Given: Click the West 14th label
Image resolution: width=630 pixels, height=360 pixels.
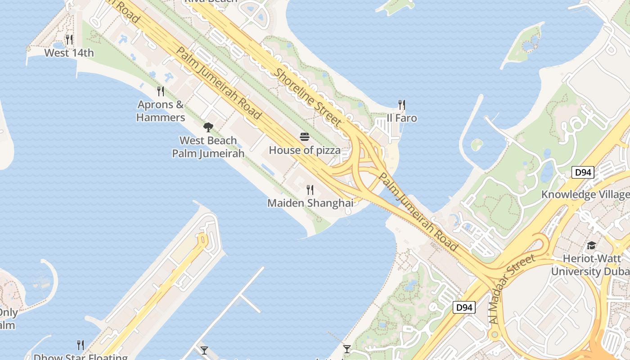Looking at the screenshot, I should point(69,53).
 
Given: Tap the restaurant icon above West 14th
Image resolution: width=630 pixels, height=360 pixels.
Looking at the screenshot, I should point(69,40).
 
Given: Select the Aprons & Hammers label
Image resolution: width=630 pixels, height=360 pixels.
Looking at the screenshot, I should point(161,111).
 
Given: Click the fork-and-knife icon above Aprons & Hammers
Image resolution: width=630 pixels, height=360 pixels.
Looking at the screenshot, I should point(161,91).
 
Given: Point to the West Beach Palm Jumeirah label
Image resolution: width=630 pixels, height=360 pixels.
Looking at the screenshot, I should point(208,147).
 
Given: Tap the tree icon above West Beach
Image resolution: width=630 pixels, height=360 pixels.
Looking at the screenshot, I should point(208,127).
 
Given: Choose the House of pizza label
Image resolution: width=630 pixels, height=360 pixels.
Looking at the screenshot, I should point(305,150).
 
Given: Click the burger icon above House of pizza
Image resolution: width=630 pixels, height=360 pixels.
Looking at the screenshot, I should point(305,137).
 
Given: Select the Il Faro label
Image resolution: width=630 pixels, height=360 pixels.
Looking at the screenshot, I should point(402,118).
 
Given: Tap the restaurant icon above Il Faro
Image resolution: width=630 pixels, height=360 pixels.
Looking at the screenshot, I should point(402,105).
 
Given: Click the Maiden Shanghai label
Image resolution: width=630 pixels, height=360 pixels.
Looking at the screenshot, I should point(310,203).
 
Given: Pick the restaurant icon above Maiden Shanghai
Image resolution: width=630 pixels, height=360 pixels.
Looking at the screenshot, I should point(310,190).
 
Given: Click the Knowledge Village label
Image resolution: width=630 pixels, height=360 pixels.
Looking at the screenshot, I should point(585,194).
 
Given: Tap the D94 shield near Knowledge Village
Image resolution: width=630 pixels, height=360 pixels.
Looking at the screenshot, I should point(583,172).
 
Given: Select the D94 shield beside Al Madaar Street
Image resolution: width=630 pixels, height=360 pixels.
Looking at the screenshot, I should point(463,307).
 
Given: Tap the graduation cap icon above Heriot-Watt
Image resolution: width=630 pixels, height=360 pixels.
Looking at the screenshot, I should point(591,246).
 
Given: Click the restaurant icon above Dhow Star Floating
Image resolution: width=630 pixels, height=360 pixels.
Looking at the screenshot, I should point(81,345).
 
